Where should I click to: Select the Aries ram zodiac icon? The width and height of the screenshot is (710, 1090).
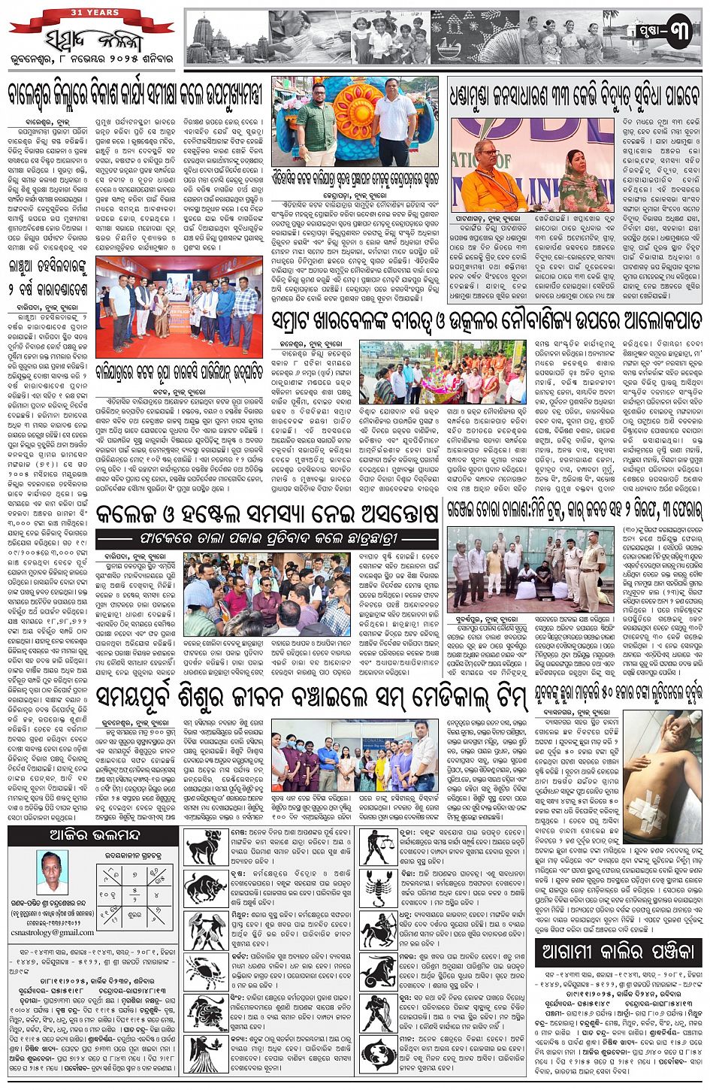tap(204, 847)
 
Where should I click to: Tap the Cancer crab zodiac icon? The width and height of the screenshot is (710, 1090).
tap(204, 971)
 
